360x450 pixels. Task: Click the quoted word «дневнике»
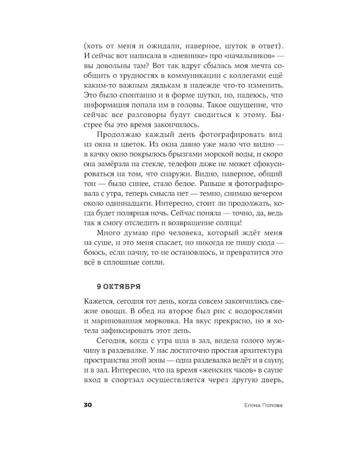pos(182,58)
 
